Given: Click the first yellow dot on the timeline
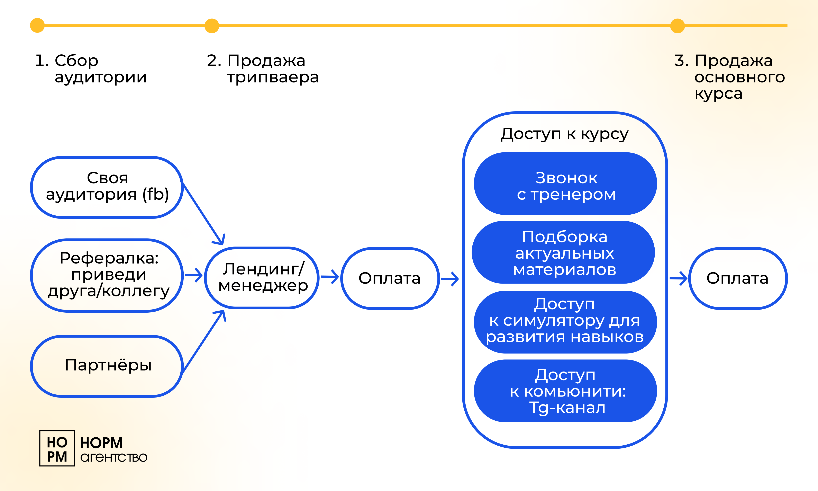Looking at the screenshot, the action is tap(37, 26).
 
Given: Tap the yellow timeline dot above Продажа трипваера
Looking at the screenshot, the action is tap(212, 26).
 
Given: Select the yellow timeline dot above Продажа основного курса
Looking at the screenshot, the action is tap(678, 26).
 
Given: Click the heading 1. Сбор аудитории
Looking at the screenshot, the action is tap(91, 69).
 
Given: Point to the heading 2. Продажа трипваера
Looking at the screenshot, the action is tap(263, 69).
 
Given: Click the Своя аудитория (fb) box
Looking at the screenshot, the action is tap(107, 187).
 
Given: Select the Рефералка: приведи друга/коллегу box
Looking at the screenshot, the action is tap(107, 275).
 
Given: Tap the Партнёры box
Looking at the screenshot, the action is tap(107, 366).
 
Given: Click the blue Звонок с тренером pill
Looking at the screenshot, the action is tap(565, 184).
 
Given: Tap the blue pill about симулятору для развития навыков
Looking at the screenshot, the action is tap(565, 322).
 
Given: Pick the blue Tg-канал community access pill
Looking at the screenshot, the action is tap(565, 391).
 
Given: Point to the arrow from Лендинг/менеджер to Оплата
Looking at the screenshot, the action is tap(330, 277).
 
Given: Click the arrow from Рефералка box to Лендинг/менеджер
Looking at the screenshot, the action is tap(194, 275).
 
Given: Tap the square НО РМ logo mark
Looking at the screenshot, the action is tap(57, 448).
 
